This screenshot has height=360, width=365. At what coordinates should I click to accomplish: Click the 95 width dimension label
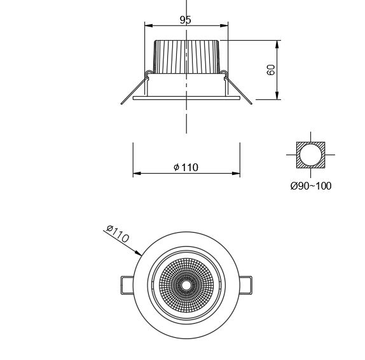tap(185, 20)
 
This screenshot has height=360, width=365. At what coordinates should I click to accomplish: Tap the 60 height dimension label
tap(270, 70)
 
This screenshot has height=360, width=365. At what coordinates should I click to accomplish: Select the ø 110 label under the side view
tap(186, 167)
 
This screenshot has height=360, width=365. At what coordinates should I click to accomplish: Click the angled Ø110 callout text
tap(118, 234)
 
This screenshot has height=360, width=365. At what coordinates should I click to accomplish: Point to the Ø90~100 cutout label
tap(311, 186)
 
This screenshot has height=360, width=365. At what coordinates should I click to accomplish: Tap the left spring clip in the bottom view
tap(127, 285)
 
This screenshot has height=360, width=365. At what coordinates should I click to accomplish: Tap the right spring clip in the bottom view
tap(246, 285)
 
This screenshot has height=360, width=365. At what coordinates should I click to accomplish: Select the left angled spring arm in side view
tap(134, 91)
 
